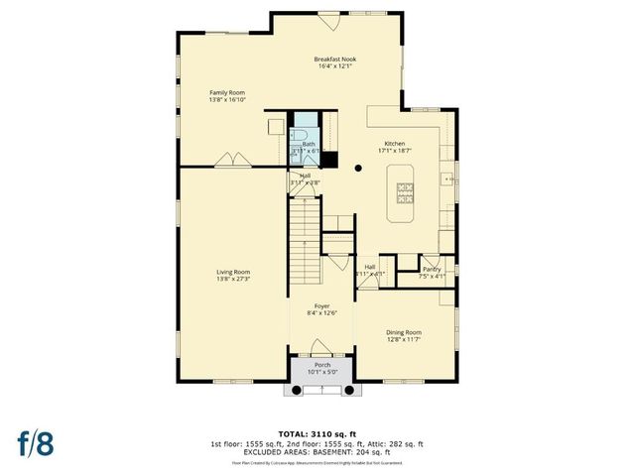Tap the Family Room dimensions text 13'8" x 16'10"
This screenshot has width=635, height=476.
click(227, 100)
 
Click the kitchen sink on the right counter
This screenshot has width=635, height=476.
click(448, 179)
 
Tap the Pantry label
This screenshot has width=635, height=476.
click(431, 269)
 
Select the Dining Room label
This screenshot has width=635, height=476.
click(403, 332)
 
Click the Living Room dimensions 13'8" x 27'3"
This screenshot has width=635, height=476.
click(234, 280)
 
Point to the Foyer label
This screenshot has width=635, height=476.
click(320, 306)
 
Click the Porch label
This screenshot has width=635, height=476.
click(321, 365)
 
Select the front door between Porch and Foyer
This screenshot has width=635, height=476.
click(320, 348)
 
